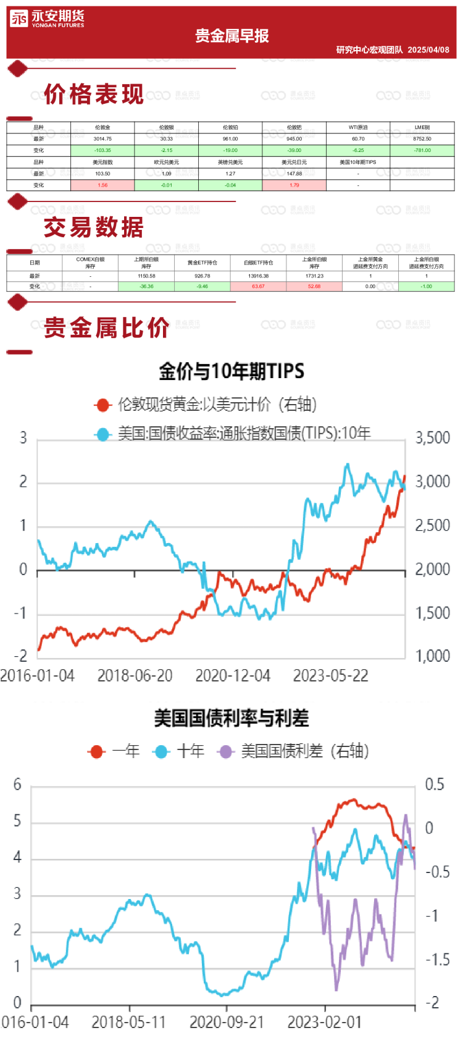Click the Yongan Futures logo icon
click(x=19, y=19)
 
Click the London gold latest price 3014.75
click(x=102, y=139)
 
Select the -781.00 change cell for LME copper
click(x=422, y=150)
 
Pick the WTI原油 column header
click(x=358, y=127)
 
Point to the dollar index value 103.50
click(x=102, y=174)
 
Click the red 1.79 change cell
click(x=294, y=185)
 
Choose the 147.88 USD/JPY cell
click(x=294, y=174)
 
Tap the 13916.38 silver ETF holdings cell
click(x=258, y=276)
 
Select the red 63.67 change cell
click(x=258, y=287)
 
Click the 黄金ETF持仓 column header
click(x=202, y=263)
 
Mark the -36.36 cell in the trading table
click(x=146, y=287)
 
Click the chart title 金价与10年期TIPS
click(x=231, y=371)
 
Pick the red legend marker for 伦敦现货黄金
click(x=102, y=405)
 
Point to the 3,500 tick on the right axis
click(x=432, y=438)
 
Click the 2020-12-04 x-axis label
click(x=233, y=676)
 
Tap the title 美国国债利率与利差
click(x=231, y=718)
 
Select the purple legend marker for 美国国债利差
click(x=225, y=751)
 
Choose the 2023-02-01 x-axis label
click(x=324, y=1022)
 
